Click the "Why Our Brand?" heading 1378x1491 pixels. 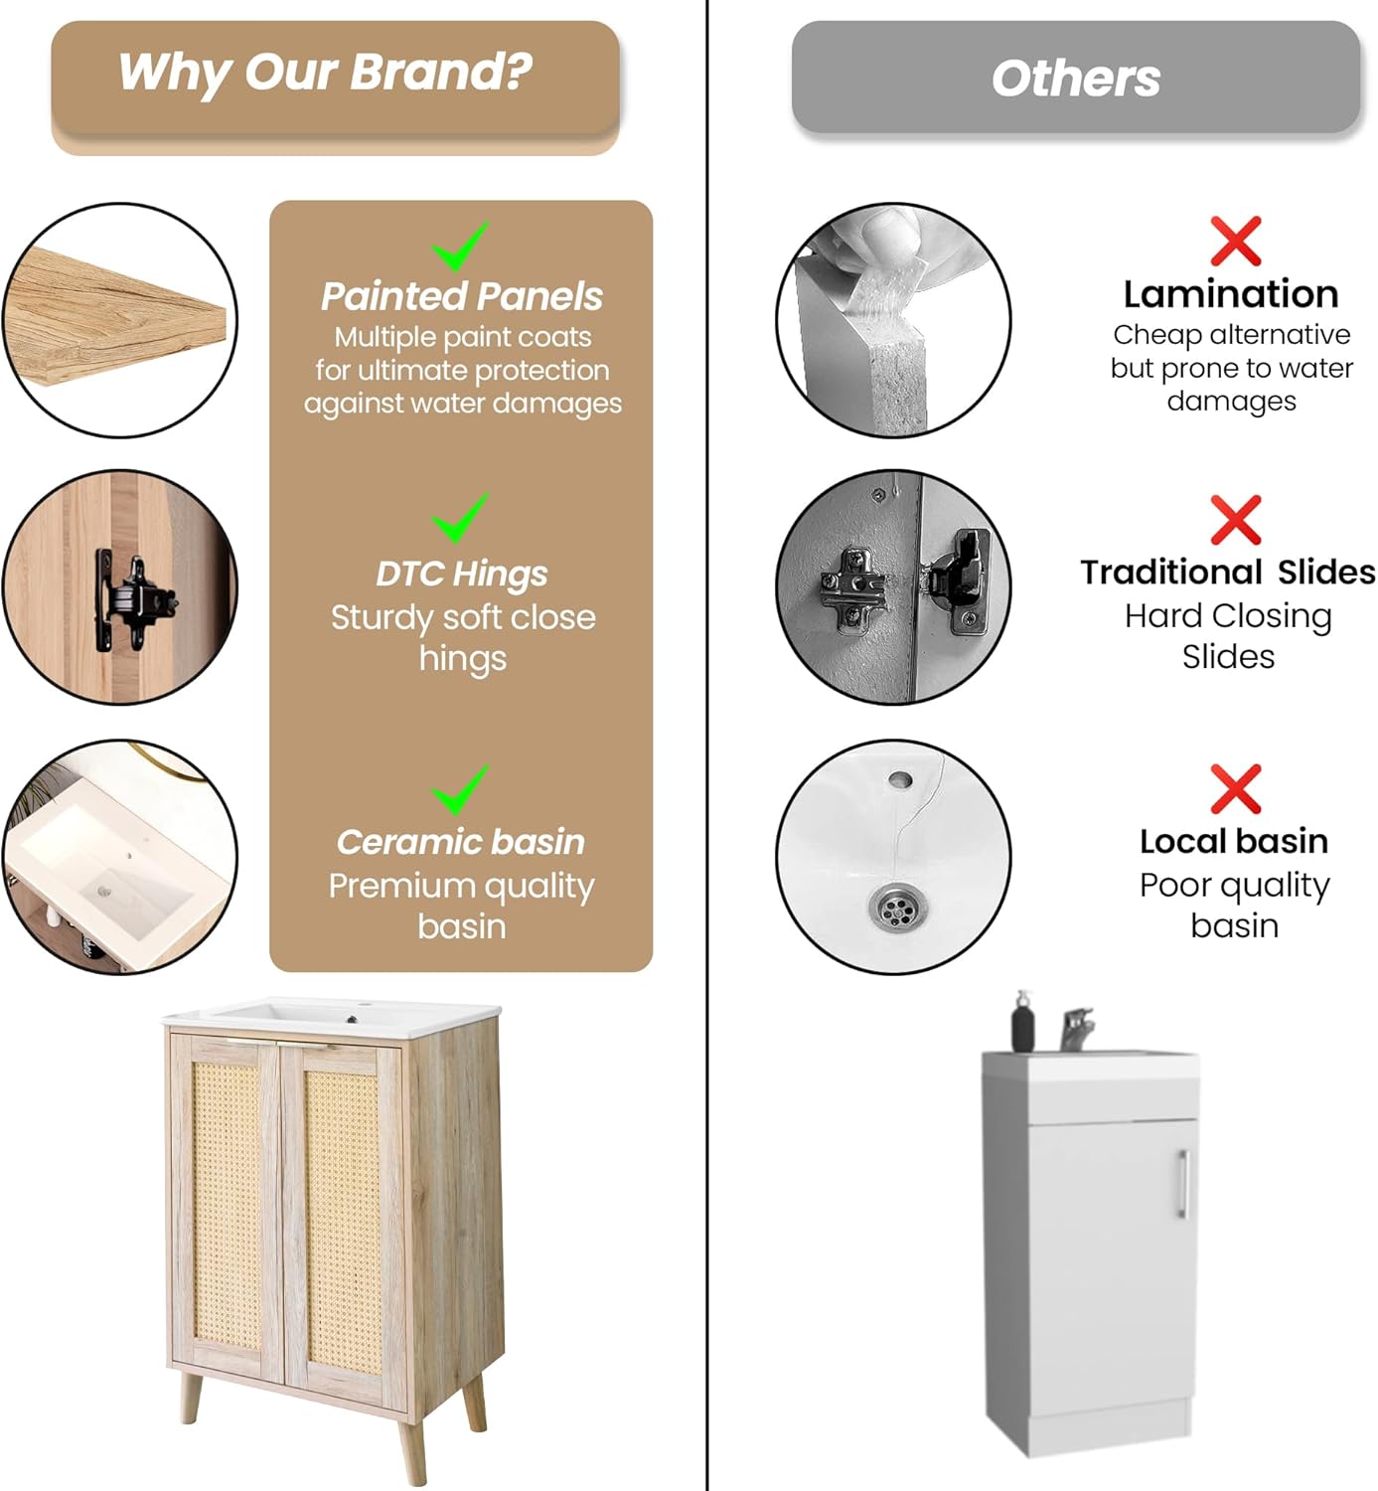click(325, 73)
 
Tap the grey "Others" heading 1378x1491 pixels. click(1075, 79)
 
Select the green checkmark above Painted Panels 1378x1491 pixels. click(460, 247)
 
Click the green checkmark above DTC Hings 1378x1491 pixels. click(460, 518)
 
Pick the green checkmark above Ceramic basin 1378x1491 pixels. click(460, 789)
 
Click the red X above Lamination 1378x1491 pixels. click(1235, 242)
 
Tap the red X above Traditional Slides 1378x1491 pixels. click(1235, 520)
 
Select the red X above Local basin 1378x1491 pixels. click(1235, 789)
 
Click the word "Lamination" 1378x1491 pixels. click(1231, 294)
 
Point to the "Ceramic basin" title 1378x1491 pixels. click(460, 842)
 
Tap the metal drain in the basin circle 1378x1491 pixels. click(900, 907)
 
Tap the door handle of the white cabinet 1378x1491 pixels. click(1182, 1184)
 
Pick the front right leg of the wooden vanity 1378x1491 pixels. click(413, 1450)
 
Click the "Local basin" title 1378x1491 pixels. click(1234, 842)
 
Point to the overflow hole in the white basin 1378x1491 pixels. click(900, 780)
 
